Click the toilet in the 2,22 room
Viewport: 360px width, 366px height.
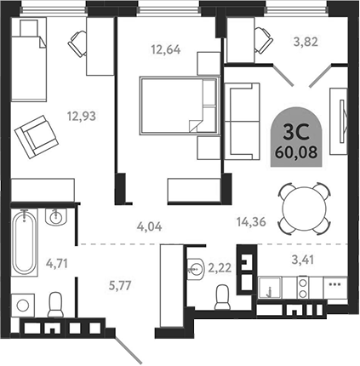(x=222, y=297)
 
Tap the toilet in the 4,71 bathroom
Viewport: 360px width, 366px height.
(x=56, y=303)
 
